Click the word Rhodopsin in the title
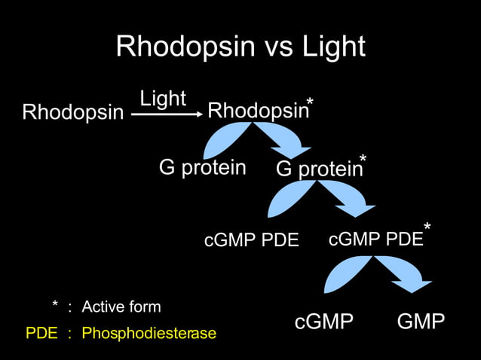[x=181, y=47]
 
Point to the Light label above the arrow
[x=162, y=98]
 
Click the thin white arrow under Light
[x=167, y=114]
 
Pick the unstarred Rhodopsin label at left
[x=72, y=113]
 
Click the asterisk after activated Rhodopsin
[x=310, y=103]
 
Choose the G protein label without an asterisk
[x=202, y=167]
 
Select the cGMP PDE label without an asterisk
[x=252, y=241]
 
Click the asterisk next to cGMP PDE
[x=427, y=227]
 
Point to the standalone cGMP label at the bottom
[x=324, y=322]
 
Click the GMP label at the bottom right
[x=421, y=322]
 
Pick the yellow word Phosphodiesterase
[x=149, y=333]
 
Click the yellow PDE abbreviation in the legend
[x=41, y=333]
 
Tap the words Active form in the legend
[x=121, y=307]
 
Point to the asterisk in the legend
[x=55, y=305]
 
